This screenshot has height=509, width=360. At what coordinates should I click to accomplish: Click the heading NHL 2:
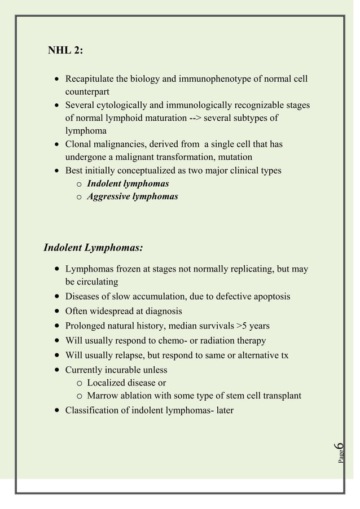[x=66, y=51]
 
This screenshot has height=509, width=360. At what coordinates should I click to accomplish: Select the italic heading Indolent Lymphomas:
[x=93, y=248]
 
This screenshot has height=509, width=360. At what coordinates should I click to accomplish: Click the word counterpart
[x=87, y=91]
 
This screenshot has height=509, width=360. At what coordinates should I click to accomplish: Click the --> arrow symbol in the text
[x=195, y=118]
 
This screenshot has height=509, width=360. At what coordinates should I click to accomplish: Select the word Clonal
[x=79, y=144]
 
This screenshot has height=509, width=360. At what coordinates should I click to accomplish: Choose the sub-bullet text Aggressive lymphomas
[x=133, y=196]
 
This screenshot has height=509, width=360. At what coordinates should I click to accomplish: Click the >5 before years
[x=243, y=326]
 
